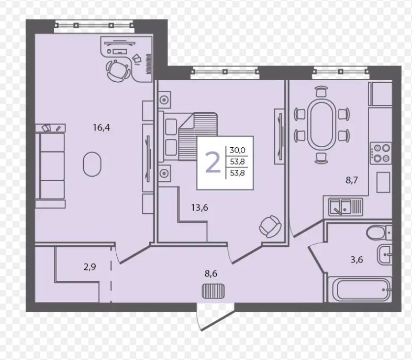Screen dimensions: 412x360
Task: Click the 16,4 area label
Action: click(102, 128)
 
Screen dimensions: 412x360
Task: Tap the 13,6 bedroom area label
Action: click(199, 208)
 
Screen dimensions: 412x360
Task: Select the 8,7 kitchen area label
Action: click(352, 180)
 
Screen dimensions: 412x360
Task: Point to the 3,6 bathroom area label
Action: click(357, 260)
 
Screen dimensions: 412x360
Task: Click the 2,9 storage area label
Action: click(90, 267)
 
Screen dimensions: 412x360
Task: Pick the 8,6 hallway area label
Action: click(211, 274)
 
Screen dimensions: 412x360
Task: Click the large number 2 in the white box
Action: click(213, 163)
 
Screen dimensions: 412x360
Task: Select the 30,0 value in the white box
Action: click(238, 150)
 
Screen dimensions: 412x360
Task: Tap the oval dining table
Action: click(322, 124)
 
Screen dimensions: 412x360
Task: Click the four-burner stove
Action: click(381, 154)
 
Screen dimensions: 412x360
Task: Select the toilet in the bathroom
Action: click(379, 233)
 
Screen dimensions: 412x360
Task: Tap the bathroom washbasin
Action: click(385, 255)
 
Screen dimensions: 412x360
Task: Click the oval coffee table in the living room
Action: click(92, 164)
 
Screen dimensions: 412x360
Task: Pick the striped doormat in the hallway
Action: click(213, 291)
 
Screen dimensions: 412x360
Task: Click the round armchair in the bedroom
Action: click(270, 226)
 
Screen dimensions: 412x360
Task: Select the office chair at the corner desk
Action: click(118, 70)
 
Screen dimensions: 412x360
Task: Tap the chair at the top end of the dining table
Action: click(321, 91)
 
